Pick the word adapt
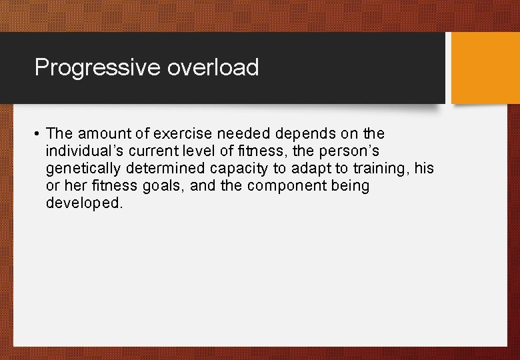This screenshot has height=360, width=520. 310,169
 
